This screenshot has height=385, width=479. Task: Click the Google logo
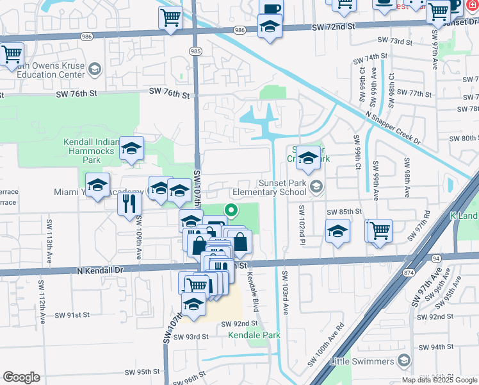[x=21, y=377]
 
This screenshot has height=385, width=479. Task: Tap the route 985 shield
[x=195, y=51]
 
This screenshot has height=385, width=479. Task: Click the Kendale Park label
[x=254, y=335]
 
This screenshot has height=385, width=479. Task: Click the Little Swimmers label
[x=361, y=362]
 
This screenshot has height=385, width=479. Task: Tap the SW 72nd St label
[x=334, y=26]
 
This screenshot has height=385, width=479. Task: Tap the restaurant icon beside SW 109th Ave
[x=130, y=203]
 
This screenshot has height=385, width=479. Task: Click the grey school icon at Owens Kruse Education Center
[x=95, y=69]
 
